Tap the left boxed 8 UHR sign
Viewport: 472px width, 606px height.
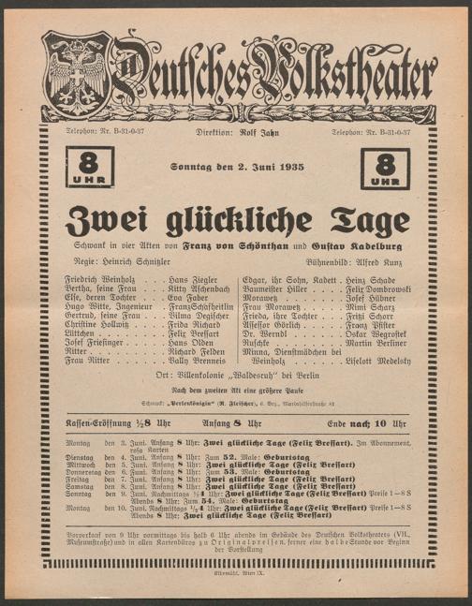click(x=89, y=167)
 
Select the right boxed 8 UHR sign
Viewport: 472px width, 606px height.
click(x=385, y=168)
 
